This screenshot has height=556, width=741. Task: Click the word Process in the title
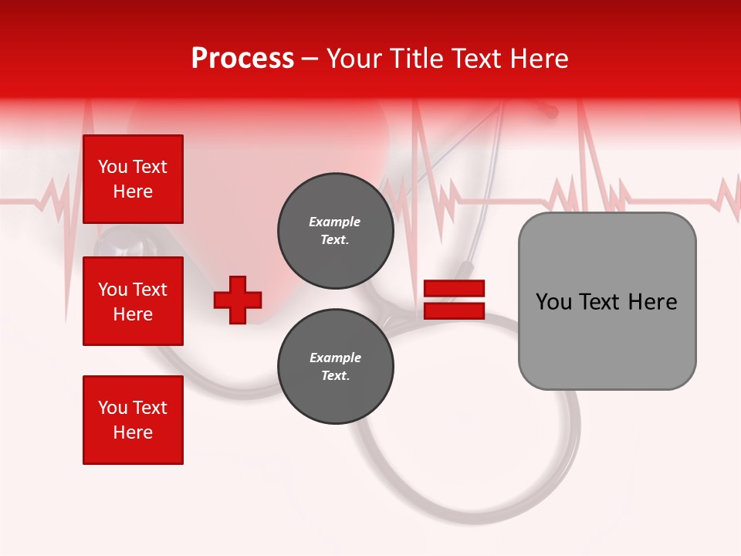point(242,59)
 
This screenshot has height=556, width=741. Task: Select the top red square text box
point(133,179)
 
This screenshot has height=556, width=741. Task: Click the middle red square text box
point(133,301)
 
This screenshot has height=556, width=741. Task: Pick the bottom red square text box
point(133,420)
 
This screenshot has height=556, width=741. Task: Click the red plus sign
point(238,300)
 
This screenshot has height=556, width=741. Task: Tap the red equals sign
point(454,300)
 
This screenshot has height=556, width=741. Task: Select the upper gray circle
point(335,230)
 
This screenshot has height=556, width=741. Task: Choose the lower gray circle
point(335,366)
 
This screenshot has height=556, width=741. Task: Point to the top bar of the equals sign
point(454,288)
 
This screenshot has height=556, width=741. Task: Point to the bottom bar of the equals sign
point(454,310)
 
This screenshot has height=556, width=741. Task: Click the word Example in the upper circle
point(335,222)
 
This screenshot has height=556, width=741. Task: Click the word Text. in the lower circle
point(335,376)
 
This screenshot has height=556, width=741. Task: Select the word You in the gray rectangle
point(554,302)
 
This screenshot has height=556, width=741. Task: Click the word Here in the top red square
point(133,192)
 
